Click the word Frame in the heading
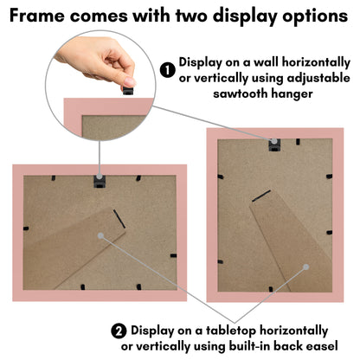37,16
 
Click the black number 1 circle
168,70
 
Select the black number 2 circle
119,331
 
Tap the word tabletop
231,331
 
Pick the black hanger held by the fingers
128,90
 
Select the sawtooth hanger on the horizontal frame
100,181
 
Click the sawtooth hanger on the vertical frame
274,145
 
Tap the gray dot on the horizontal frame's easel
100,235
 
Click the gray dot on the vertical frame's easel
306,267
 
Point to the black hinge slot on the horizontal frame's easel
119,219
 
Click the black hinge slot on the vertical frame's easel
261,196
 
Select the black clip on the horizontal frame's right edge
173,255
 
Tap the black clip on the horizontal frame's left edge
26,228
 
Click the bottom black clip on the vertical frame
271,289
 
